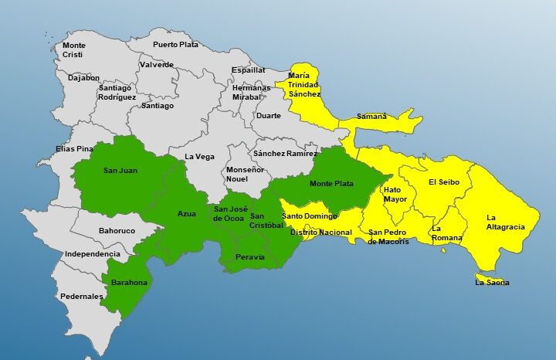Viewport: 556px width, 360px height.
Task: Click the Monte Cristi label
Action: (74, 50)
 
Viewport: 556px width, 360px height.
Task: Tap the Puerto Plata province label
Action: (175, 44)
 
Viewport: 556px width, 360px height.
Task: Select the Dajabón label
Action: (83, 78)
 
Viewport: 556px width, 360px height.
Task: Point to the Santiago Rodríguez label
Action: (117, 93)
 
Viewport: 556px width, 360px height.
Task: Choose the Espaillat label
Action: (249, 70)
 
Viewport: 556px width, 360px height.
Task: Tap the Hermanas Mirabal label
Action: (252, 93)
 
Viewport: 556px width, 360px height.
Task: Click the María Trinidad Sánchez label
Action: (304, 84)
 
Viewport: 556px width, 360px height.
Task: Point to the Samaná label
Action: (371, 117)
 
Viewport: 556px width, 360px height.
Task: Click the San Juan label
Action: (120, 170)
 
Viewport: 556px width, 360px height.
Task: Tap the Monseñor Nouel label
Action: (245, 174)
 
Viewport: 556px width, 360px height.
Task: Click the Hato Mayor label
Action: (395, 194)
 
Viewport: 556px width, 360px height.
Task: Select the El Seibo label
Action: (444, 182)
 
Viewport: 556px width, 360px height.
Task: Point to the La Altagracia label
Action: (506, 222)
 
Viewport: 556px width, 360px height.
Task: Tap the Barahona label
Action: (128, 283)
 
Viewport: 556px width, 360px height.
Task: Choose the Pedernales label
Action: (82, 297)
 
